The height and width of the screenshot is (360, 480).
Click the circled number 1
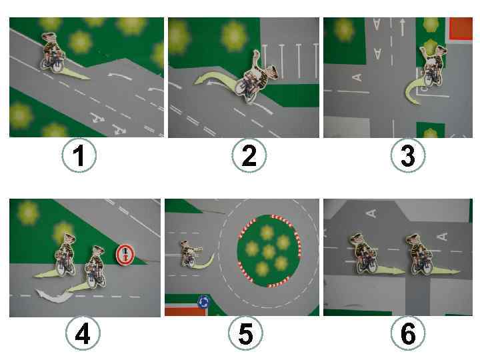(x=79, y=155)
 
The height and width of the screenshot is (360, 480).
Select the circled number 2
(x=249, y=155)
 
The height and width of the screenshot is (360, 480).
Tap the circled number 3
(x=408, y=155)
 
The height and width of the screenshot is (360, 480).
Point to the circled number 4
(x=83, y=333)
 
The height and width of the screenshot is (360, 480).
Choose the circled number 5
(x=245, y=333)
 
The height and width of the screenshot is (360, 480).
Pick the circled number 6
(x=408, y=333)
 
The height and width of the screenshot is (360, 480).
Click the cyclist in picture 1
(x=53, y=53)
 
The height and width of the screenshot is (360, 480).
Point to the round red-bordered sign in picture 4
(x=125, y=255)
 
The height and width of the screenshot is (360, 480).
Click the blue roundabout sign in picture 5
(x=203, y=303)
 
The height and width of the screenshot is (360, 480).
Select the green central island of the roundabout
(x=269, y=251)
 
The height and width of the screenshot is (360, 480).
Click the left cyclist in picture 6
(x=364, y=253)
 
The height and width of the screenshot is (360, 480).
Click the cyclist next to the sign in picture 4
(x=95, y=267)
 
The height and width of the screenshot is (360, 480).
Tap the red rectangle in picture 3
(x=461, y=29)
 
